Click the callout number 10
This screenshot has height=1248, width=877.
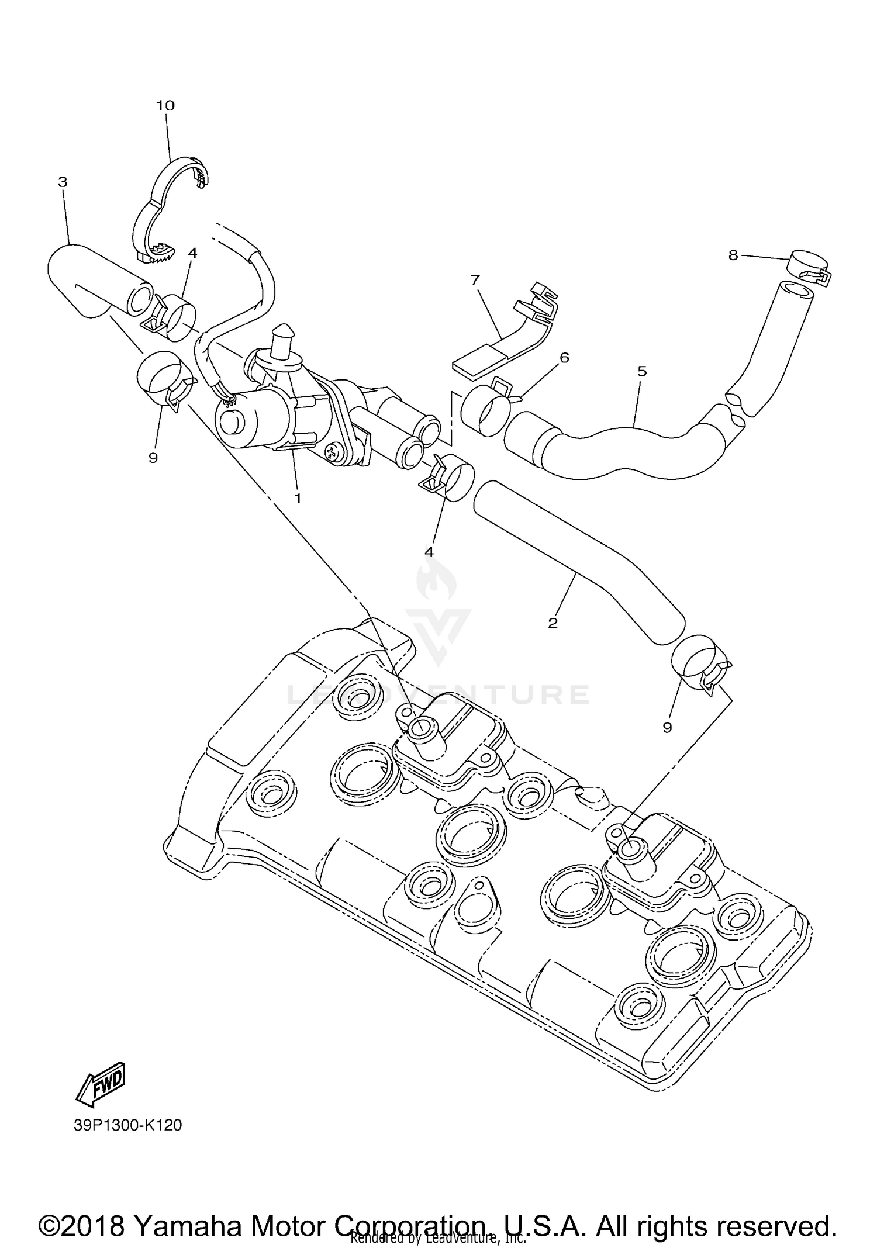coord(165,106)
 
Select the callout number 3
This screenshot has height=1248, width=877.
coord(63,182)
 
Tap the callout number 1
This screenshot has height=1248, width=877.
coord(298,498)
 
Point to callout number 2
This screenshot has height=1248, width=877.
coord(553,623)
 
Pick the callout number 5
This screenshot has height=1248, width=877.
coord(642,371)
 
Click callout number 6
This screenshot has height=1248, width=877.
coord(564,357)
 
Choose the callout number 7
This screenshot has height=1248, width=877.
coord(475,280)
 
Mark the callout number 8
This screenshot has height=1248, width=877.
coord(733,255)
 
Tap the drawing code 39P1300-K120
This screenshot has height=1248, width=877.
coord(127,1125)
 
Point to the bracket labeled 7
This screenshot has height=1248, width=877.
coord(515,333)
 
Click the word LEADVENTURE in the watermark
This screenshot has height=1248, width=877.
coord(438,694)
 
